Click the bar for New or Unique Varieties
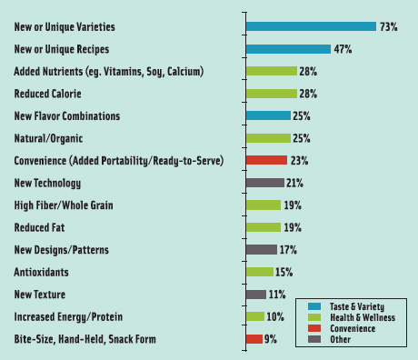[x=311, y=26]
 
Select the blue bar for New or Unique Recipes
[x=288, y=49]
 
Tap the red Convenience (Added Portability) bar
[x=266, y=160]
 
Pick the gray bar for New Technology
[x=264, y=182]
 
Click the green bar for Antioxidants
[x=259, y=271]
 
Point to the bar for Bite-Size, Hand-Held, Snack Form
[x=254, y=338]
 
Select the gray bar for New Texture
[x=255, y=294]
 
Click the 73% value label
[x=389, y=27]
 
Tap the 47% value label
[x=343, y=49]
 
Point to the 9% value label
[x=271, y=338]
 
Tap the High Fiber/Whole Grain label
[x=64, y=205]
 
